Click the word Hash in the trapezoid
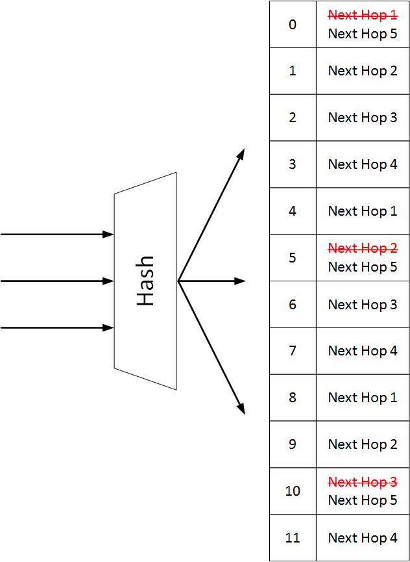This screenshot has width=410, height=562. (145, 281)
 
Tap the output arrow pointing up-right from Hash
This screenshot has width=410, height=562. (211, 214)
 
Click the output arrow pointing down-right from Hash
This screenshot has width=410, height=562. (211, 348)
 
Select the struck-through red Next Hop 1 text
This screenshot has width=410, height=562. (363, 15)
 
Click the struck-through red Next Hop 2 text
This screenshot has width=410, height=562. (363, 248)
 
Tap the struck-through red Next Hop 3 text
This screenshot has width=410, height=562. (363, 482)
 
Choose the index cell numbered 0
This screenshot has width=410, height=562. (293, 25)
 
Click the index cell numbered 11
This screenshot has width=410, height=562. (293, 538)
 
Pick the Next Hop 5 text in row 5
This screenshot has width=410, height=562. (363, 267)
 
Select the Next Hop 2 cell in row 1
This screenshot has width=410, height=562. (363, 71)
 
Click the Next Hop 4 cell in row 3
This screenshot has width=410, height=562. (363, 164)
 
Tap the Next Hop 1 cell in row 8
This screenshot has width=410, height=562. (363, 398)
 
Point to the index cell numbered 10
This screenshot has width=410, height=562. (293, 491)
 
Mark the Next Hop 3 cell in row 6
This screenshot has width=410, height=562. (363, 305)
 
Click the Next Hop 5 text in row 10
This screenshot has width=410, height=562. (363, 500)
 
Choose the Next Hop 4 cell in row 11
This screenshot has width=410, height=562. (363, 538)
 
